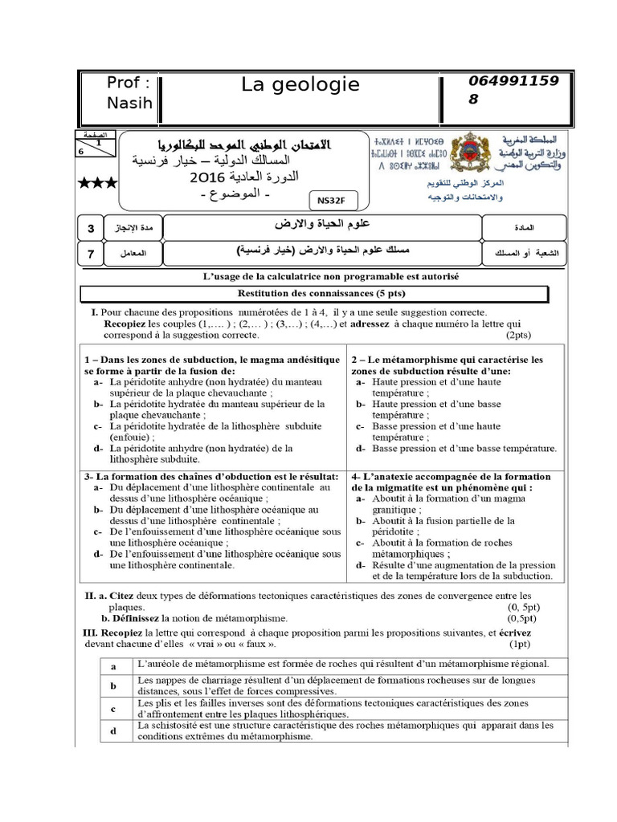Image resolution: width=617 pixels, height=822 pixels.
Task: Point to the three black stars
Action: pos(97,184)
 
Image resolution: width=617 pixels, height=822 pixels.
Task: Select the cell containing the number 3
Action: pos(91,230)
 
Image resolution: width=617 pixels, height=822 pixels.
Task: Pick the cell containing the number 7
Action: pos(91,255)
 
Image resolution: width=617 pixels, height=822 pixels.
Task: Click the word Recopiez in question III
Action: pos(127,633)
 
